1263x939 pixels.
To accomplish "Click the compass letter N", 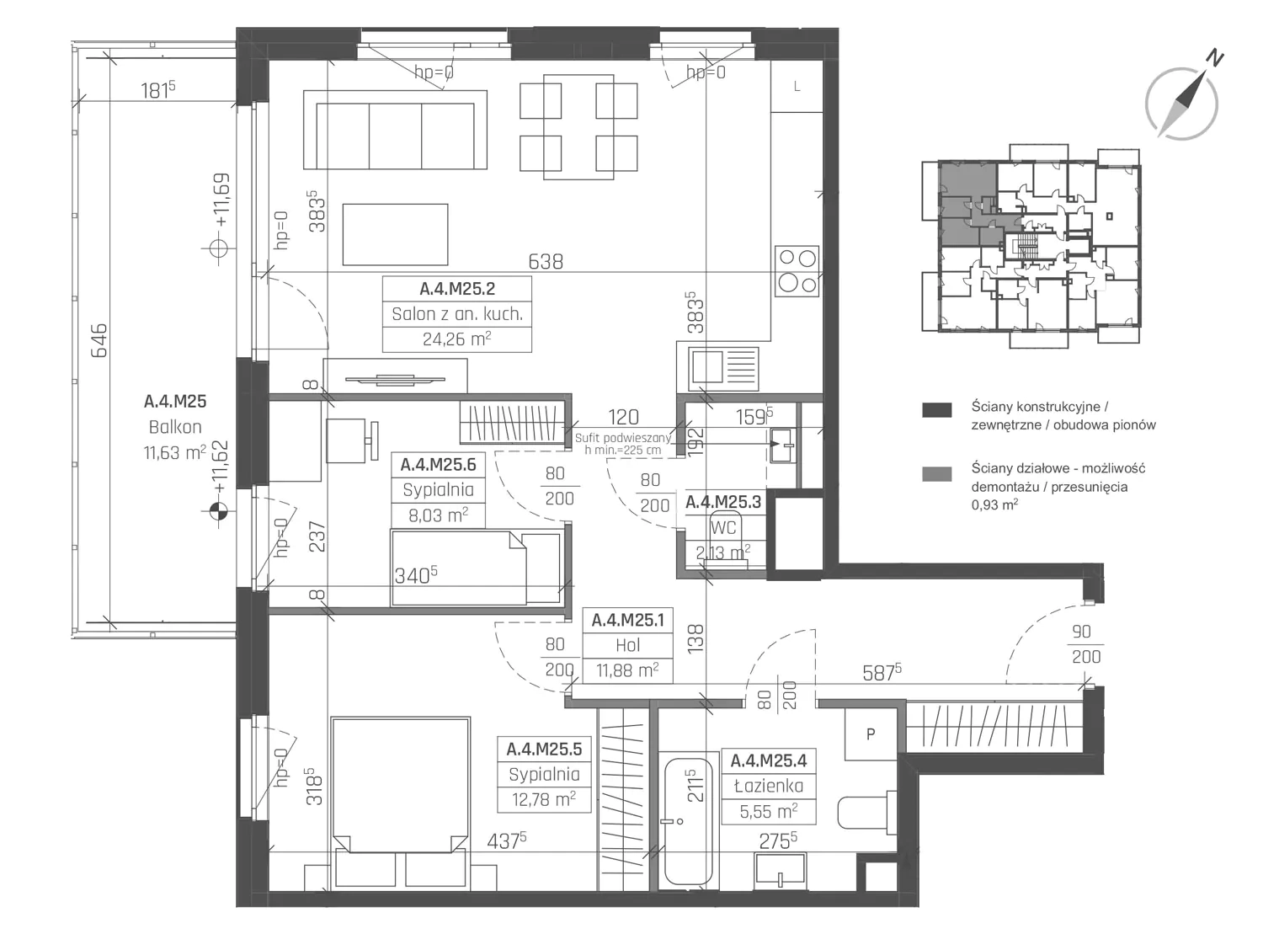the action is (1215, 59).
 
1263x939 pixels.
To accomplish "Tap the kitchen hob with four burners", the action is (797, 271).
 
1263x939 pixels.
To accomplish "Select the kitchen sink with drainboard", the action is (724, 369).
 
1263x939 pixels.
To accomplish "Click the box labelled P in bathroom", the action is (871, 734).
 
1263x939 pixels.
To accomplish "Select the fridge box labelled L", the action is (797, 87).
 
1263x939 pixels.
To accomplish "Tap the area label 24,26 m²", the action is (456, 339).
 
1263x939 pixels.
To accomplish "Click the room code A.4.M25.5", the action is (545, 749).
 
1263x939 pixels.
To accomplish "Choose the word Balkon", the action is (175, 427).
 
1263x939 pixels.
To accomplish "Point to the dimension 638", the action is (546, 262).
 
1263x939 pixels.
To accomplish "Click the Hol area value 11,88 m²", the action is (627, 670).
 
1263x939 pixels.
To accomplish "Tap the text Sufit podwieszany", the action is (623, 438).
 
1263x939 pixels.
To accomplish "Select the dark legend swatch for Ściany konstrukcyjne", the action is (936, 410).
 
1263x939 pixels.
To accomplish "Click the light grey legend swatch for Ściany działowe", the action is (936, 474).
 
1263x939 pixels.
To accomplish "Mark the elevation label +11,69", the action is (222, 200).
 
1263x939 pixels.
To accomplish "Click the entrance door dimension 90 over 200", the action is (1086, 644).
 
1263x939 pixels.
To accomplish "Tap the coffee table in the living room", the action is (395, 235).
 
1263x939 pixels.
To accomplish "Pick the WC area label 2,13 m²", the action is (723, 552).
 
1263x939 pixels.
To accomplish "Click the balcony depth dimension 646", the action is (99, 340).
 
